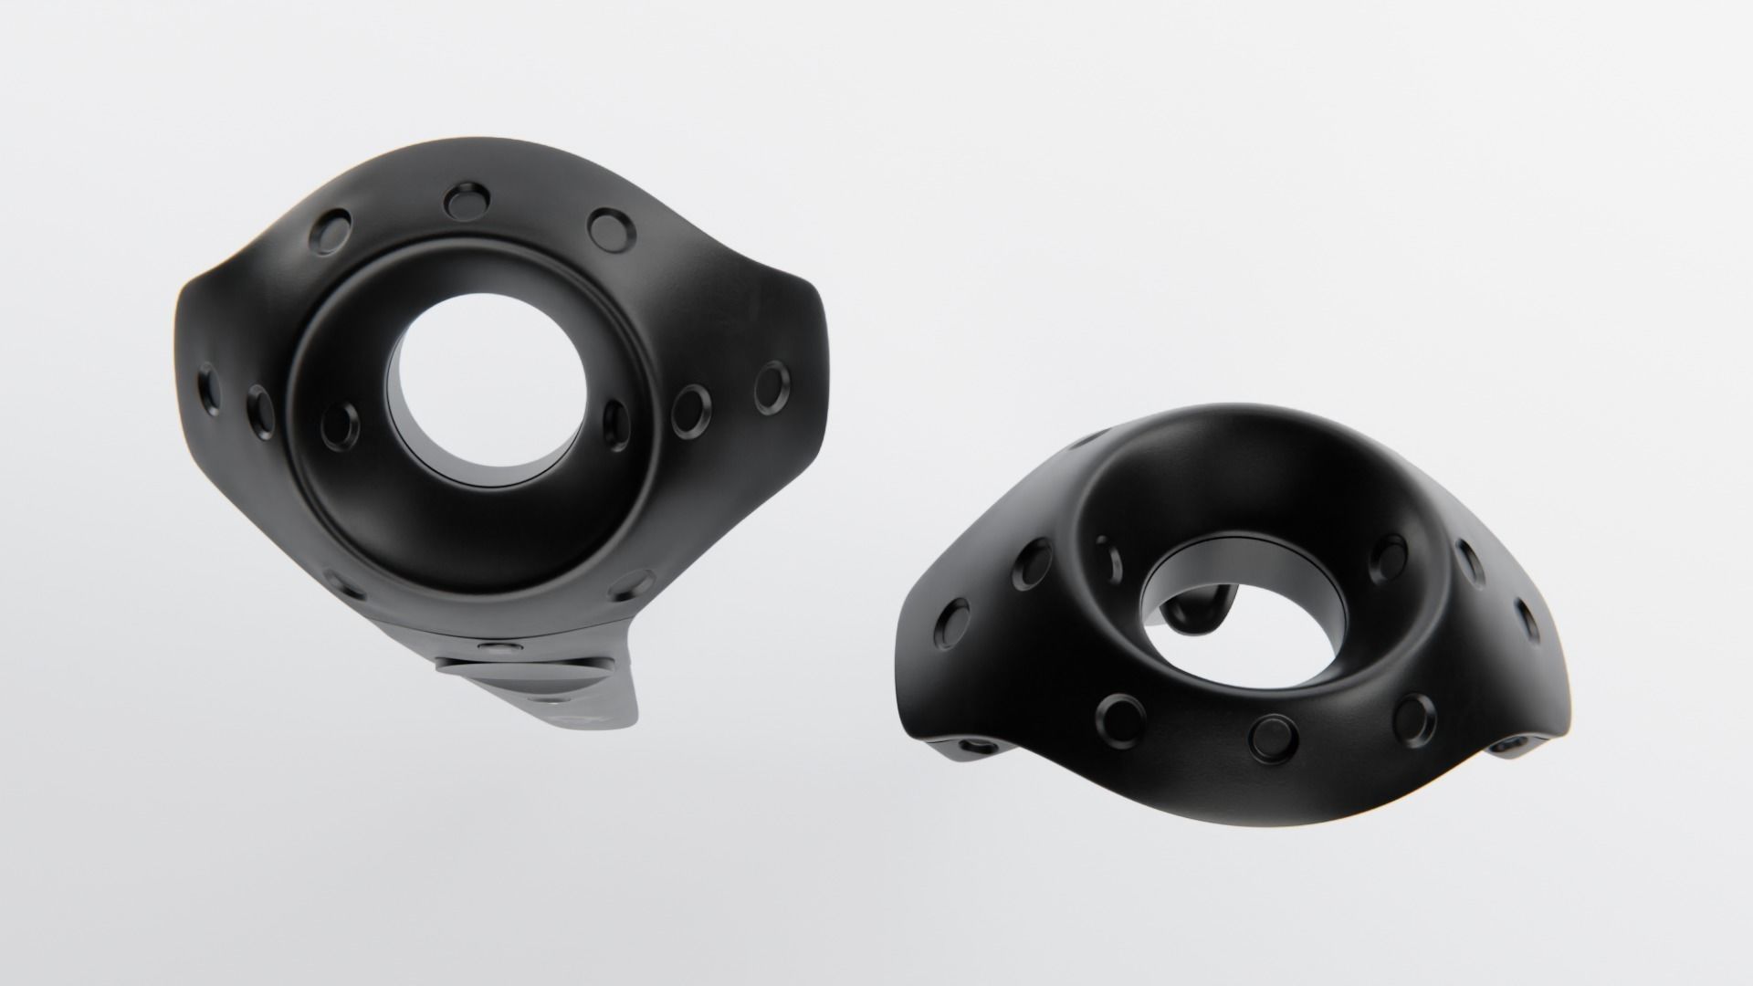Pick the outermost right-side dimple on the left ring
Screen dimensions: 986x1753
point(772,384)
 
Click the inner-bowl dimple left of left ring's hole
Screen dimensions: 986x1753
point(341,423)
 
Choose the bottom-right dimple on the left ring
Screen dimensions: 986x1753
point(634,582)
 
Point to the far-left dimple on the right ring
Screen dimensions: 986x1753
point(955,621)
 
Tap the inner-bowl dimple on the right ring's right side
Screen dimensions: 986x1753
point(1389,556)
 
